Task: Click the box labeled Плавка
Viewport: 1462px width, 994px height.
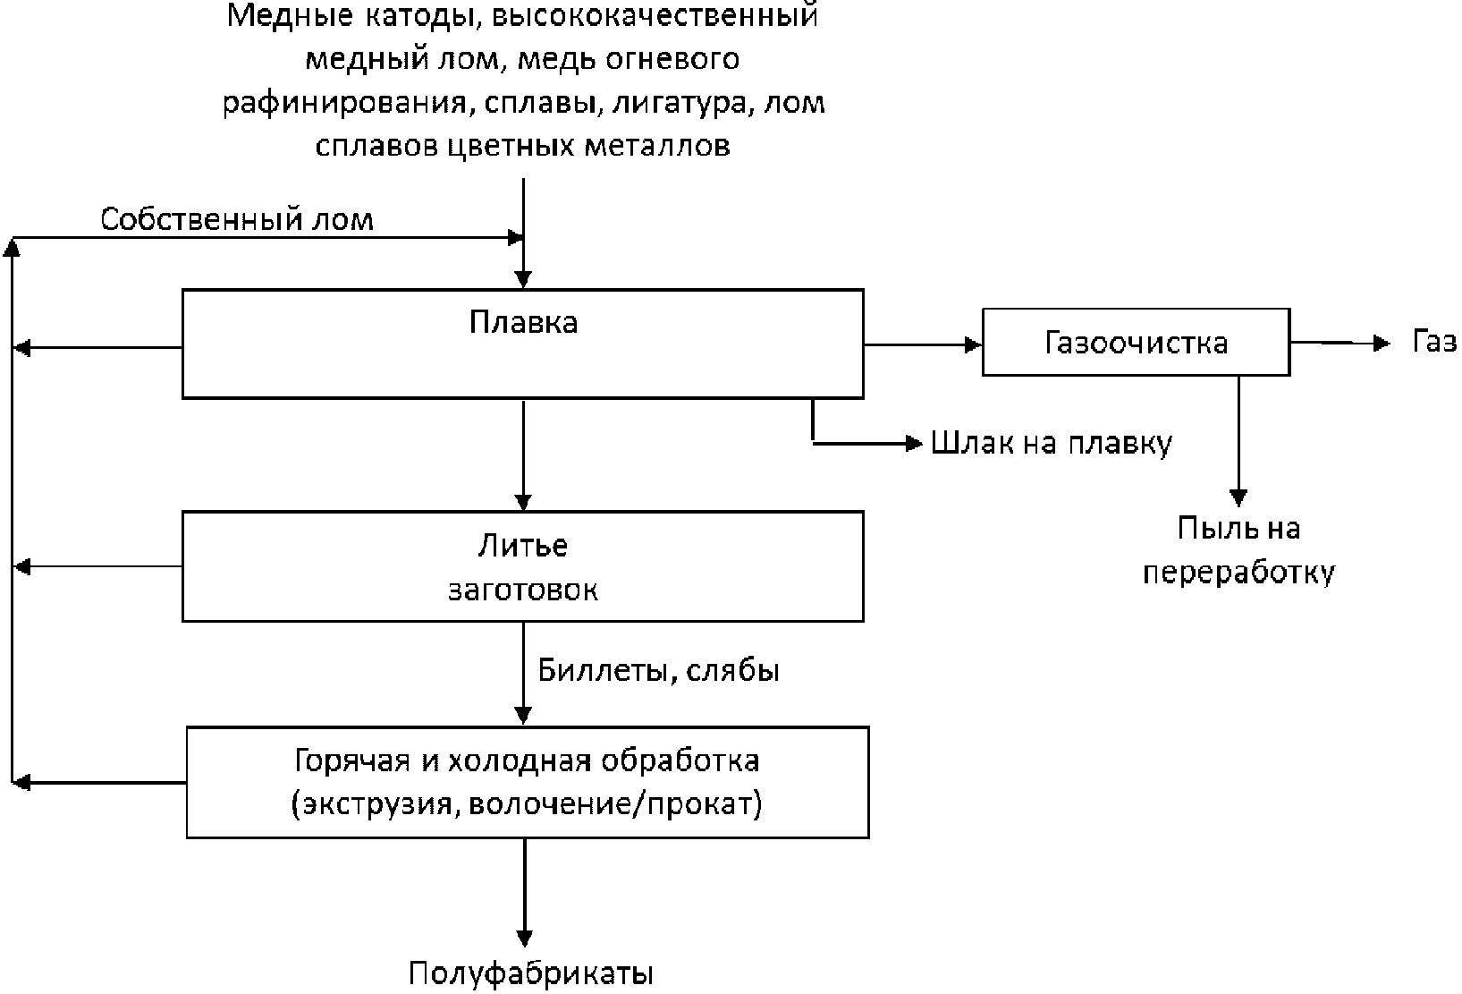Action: pyautogui.click(x=523, y=343)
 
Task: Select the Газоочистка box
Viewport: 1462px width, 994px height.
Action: pyautogui.click(x=1136, y=343)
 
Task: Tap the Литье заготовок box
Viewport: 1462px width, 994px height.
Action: pyautogui.click(x=523, y=566)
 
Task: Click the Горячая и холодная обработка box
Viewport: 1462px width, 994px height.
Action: pyautogui.click(x=528, y=783)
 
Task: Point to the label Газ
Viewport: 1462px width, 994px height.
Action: pyautogui.click(x=1434, y=342)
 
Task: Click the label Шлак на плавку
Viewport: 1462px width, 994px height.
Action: pyautogui.click(x=1051, y=443)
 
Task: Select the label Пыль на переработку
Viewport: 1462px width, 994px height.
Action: pyautogui.click(x=1238, y=550)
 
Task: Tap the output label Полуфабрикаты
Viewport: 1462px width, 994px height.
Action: pyautogui.click(x=531, y=973)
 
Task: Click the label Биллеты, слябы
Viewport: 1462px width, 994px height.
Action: pyautogui.click(x=658, y=670)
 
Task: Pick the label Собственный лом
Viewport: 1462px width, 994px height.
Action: pyautogui.click(x=236, y=219)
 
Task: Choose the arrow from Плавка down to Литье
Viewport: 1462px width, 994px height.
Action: pyautogui.click(x=524, y=455)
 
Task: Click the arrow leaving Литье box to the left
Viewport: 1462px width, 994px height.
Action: pyautogui.click(x=98, y=566)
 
